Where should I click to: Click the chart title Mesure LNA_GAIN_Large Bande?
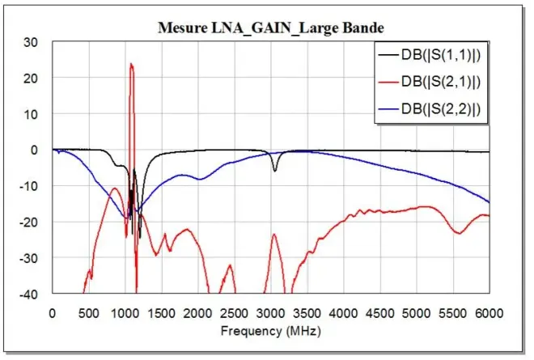269,28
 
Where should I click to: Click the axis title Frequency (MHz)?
269,330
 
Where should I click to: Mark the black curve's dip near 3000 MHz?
275,170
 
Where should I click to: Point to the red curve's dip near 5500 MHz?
459,233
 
